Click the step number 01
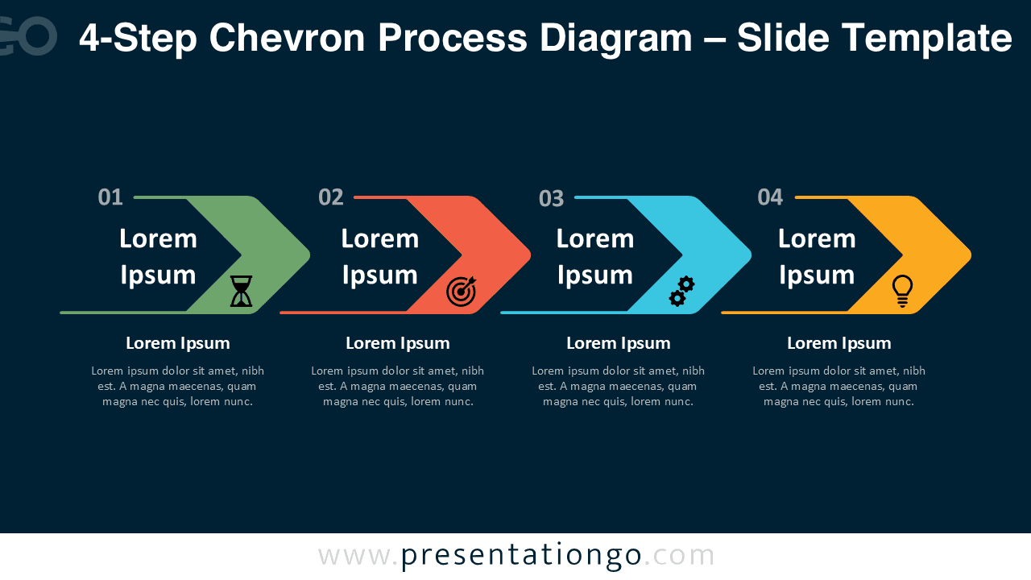coord(110,197)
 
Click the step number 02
coord(331,197)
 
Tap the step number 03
coord(552,198)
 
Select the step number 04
coord(771,197)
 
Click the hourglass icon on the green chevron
coord(242,292)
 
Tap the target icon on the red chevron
coord(462,292)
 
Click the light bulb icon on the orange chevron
coord(902,291)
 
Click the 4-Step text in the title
coord(137,38)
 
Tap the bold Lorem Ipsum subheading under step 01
coord(178,343)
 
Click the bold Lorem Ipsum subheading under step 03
coord(619,343)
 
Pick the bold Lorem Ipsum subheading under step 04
coord(839,343)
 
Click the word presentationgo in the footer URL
coord(521,556)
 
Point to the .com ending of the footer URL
coord(680,556)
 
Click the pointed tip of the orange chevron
coord(969,255)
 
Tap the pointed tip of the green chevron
coord(308,255)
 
